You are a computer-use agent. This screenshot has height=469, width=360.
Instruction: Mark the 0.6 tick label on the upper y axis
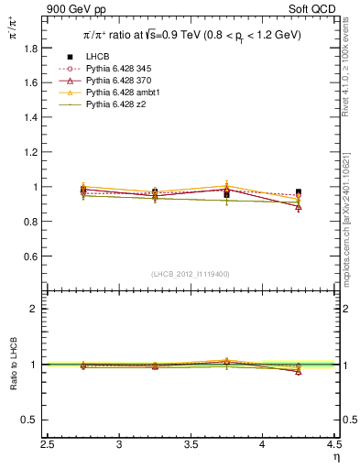point(34,256)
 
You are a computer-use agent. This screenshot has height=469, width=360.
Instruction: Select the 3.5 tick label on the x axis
point(191,444)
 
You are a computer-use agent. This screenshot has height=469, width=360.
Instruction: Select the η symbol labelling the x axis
point(336,457)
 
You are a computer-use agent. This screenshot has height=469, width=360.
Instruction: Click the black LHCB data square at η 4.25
point(299,192)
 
